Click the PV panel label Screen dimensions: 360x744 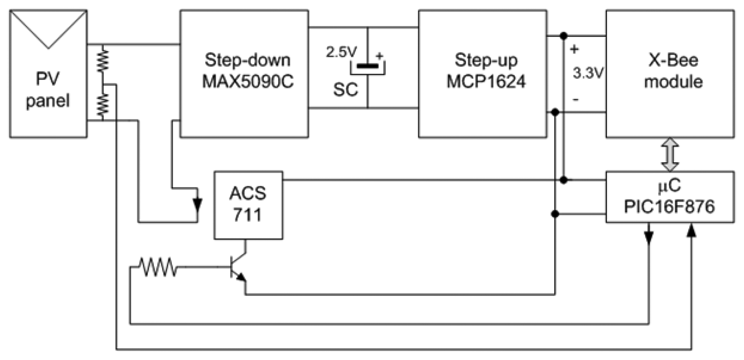click(48, 89)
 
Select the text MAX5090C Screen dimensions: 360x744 click(247, 82)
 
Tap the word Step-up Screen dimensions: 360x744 click(486, 60)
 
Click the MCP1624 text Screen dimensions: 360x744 click(486, 82)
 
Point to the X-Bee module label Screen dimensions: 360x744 click(673, 71)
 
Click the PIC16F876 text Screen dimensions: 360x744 click(669, 207)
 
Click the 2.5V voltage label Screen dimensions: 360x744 click(341, 52)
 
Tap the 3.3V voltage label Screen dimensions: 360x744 click(588, 73)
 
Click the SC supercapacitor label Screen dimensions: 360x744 click(345, 90)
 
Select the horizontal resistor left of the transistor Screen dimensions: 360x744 click(158, 267)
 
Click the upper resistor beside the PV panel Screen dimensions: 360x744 click(103, 61)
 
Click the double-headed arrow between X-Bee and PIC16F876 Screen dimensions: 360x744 click(670, 154)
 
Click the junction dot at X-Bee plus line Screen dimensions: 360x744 click(563, 36)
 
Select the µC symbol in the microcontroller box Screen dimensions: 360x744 click(669, 186)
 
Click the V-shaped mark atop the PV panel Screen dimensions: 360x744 click(48, 30)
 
